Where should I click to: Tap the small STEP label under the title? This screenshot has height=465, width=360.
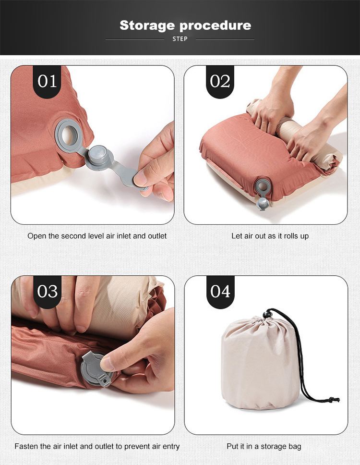pyautogui.click(x=180, y=39)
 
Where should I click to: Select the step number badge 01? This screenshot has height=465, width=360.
pyautogui.click(x=48, y=82)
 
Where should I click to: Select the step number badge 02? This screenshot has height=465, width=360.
pyautogui.click(x=220, y=82)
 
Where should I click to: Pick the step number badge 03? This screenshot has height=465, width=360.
pyautogui.click(x=48, y=292)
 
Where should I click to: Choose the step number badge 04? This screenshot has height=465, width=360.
pyautogui.click(x=220, y=292)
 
